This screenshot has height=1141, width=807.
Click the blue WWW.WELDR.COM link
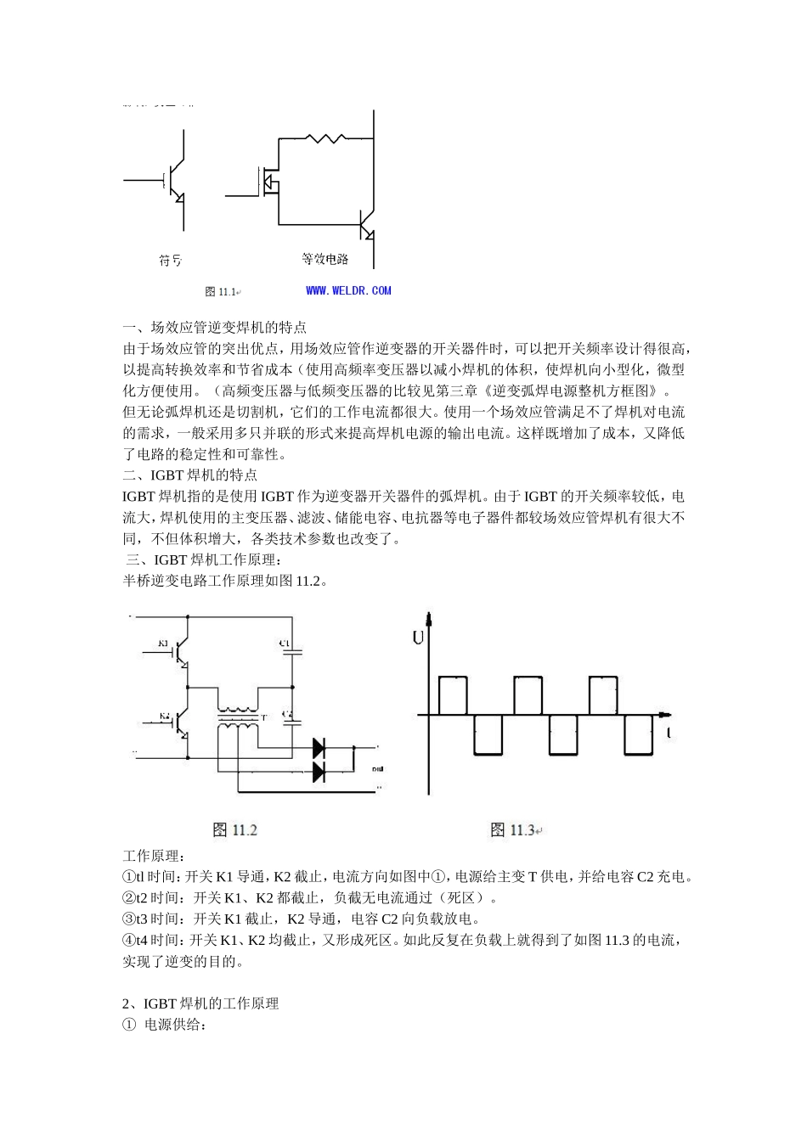coord(348,290)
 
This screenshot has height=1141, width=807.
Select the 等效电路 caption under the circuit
coord(325,259)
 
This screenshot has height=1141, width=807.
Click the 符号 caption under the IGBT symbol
coord(170,261)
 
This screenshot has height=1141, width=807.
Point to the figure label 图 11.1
coord(221,291)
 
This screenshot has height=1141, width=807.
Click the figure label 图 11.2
coord(234,829)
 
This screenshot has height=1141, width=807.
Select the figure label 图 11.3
coord(513,829)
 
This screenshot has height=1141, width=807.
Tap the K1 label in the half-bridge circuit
coord(164,643)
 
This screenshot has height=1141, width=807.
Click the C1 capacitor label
coord(285,644)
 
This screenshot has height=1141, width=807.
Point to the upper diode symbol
coord(319,748)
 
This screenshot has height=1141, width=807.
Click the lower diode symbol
coord(319,772)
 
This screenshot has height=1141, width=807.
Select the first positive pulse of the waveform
coord(453,695)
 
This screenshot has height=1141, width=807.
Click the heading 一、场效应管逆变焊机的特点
coord(215,327)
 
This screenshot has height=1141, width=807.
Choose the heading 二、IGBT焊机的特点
coord(190,475)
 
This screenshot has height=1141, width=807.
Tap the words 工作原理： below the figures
coord(154,855)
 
